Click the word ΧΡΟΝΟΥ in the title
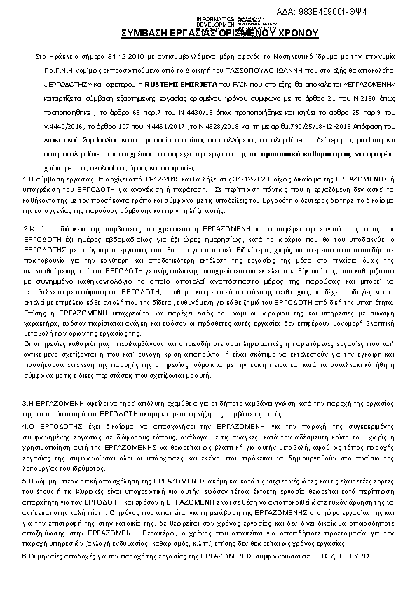point(299,33)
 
